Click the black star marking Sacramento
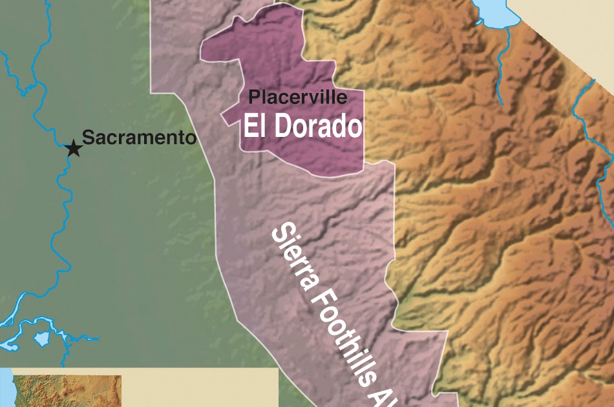coord(74,149)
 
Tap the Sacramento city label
coord(138,138)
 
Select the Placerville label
coord(298,98)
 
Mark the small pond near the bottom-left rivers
coord(42,338)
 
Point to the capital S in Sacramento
coord(89,138)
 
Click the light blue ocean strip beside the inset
coord(6,388)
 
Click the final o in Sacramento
coord(190,138)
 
